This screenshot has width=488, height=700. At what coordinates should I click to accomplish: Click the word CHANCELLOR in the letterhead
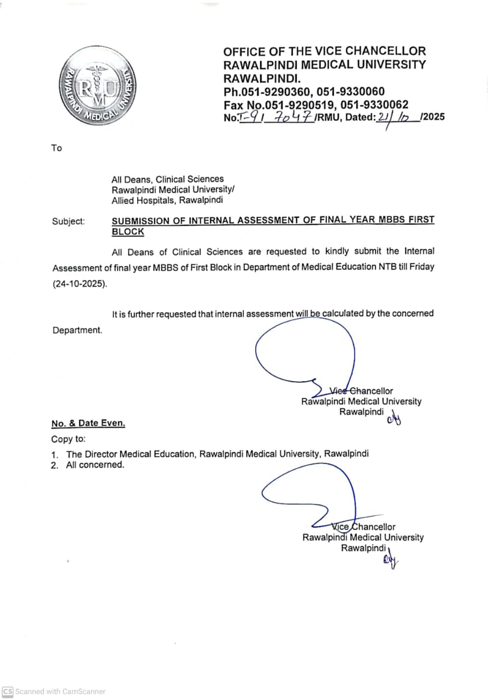386,51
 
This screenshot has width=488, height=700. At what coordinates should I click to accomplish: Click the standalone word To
57,148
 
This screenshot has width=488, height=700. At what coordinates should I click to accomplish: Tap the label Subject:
68,221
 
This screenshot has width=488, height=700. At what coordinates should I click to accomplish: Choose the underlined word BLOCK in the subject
128,232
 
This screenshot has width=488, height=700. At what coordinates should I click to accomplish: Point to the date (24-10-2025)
79,284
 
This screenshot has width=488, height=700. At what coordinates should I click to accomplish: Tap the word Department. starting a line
77,330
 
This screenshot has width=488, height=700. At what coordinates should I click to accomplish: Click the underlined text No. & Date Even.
88,423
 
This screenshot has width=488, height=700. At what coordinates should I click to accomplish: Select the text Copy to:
68,439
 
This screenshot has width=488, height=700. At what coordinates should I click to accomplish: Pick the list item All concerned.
95,465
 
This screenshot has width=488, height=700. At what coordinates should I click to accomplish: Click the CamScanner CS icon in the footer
8,691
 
